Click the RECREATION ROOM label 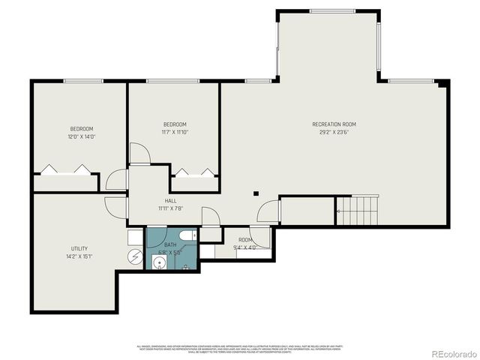pyautogui.click(x=334, y=124)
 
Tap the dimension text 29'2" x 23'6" pyautogui.click(x=334, y=131)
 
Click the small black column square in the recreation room pyautogui.click(x=256, y=192)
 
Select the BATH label pyautogui.click(x=170, y=245)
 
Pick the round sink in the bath pyautogui.click(x=159, y=262)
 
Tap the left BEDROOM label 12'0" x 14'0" pyautogui.click(x=82, y=129)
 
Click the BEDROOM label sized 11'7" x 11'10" pyautogui.click(x=175, y=124)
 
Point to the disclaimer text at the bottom pyautogui.click(x=239, y=349)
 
